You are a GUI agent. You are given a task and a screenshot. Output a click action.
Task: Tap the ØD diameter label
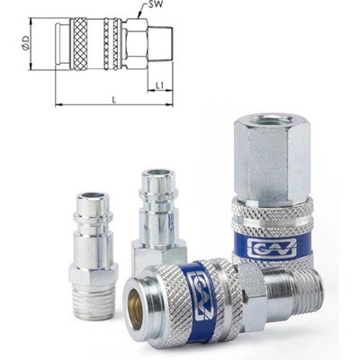tap(25, 43)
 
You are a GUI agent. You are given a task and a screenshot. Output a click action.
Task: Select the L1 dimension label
tap(159, 85)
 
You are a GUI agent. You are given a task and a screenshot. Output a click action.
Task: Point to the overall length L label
tap(114, 100)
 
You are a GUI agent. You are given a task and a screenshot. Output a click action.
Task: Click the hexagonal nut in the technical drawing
tap(136, 44)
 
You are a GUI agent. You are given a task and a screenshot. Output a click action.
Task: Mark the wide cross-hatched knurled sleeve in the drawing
tap(78, 44)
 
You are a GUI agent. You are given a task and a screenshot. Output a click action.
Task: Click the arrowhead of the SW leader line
tap(139, 17)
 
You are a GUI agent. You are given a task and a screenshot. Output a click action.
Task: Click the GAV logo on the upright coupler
tap(272, 247)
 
